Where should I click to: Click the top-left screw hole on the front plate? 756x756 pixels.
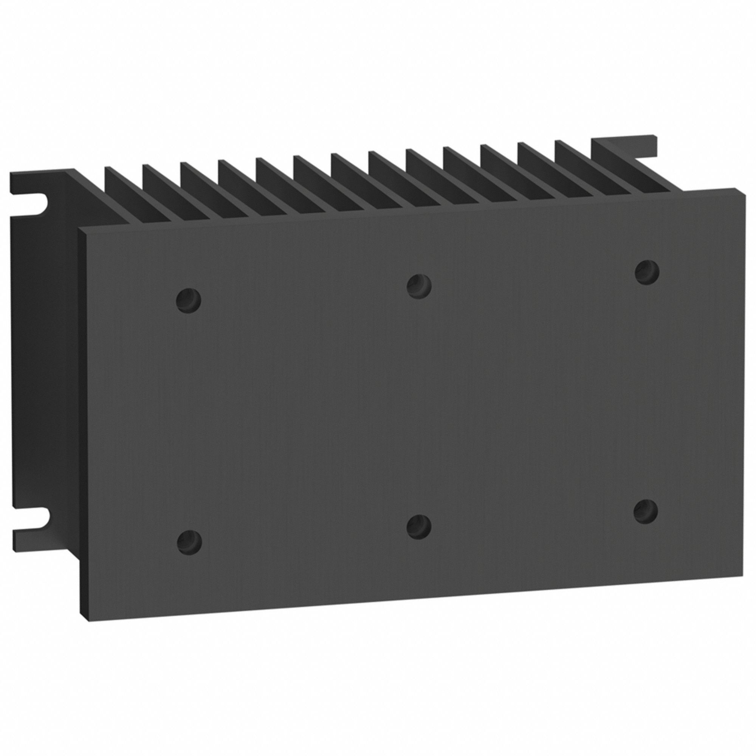point(188,300)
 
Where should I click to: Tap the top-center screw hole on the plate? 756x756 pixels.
point(419,285)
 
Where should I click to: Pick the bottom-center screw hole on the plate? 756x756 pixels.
point(419,526)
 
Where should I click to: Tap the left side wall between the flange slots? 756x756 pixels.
point(43,360)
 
